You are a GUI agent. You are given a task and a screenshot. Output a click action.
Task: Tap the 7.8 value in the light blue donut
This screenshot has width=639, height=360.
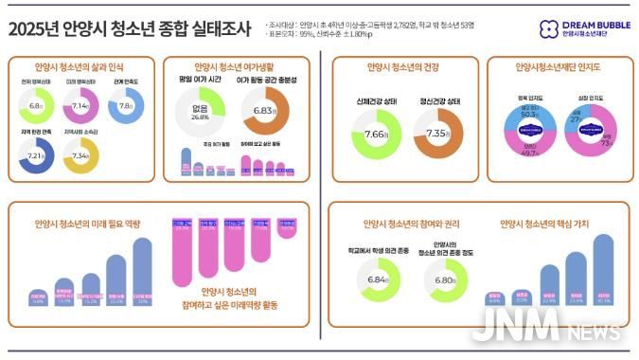126,107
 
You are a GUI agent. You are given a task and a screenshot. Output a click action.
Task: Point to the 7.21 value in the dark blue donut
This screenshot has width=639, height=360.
36,154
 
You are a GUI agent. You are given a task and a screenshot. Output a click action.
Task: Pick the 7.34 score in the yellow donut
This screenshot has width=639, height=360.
80,154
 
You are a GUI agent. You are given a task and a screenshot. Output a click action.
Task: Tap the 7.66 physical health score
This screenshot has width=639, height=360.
377,135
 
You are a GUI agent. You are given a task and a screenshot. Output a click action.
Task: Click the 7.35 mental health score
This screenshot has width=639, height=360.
438,135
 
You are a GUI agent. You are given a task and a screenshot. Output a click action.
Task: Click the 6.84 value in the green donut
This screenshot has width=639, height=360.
377,280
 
